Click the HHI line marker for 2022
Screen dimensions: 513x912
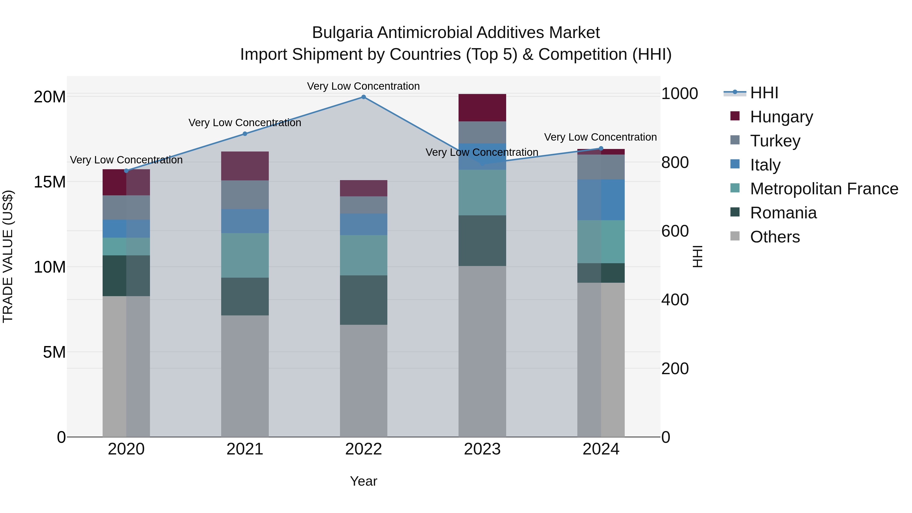pyautogui.click(x=363, y=97)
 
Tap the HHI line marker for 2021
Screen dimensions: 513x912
pyautogui.click(x=245, y=134)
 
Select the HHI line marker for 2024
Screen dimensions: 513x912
pyautogui.click(x=601, y=148)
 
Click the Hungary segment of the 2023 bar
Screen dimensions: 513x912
pyautogui.click(x=482, y=108)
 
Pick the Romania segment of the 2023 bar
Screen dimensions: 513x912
pyautogui.click(x=482, y=240)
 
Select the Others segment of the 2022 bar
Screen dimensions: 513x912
pyautogui.click(x=363, y=381)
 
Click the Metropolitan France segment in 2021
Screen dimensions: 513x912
pyautogui.click(x=245, y=255)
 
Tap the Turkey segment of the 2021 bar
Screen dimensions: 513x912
pyautogui.click(x=245, y=195)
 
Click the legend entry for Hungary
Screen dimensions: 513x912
pyautogui.click(x=781, y=117)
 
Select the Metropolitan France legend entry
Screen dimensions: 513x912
pyautogui.click(x=824, y=189)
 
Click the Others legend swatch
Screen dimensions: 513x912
pyautogui.click(x=735, y=237)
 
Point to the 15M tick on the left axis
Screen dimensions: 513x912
pyautogui.click(x=50, y=182)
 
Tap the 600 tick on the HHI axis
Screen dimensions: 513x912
pyautogui.click(x=675, y=231)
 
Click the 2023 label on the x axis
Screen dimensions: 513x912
pyautogui.click(x=482, y=449)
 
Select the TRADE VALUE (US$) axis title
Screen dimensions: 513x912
pyautogui.click(x=8, y=256)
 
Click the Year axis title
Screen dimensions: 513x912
pyautogui.click(x=363, y=481)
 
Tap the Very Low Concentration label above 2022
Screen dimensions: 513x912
pyautogui.click(x=363, y=86)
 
